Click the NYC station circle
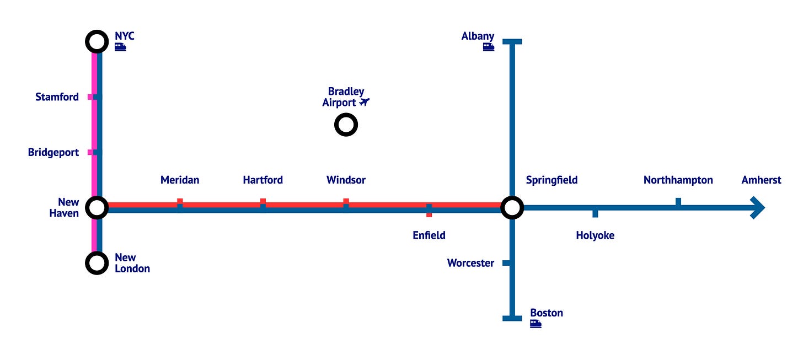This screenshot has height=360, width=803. click(x=97, y=41)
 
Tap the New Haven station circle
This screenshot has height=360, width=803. click(x=97, y=208)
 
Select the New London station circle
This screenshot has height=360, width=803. click(x=97, y=263)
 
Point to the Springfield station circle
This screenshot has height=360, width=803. click(x=512, y=208)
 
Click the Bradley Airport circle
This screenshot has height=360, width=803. click(x=346, y=125)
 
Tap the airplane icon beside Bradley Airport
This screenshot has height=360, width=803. click(x=364, y=102)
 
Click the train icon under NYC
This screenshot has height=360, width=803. click(x=120, y=47)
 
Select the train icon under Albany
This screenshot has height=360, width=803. click(x=488, y=47)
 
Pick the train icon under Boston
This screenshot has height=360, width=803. click(x=536, y=324)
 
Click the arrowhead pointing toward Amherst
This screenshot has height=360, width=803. click(x=758, y=208)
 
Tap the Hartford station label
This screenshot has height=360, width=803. click(x=263, y=180)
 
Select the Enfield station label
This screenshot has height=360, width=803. click(x=429, y=235)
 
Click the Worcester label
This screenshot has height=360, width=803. click(x=470, y=263)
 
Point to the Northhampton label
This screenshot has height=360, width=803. click(x=678, y=180)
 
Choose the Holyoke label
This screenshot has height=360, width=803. click(x=595, y=235)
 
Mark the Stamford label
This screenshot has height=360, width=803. click(x=57, y=97)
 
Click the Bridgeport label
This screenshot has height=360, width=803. click(x=53, y=152)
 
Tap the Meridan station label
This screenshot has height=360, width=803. click(x=180, y=180)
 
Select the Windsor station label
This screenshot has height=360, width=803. click(x=346, y=180)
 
